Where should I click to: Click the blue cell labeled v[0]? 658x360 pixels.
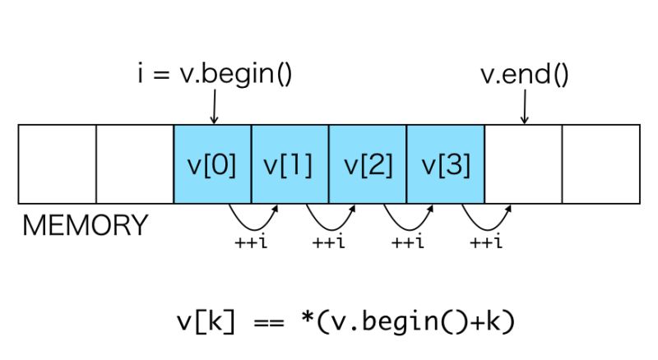(x=212, y=164)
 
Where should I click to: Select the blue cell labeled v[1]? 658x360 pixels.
(x=290, y=164)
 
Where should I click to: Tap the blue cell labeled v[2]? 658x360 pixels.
(x=368, y=164)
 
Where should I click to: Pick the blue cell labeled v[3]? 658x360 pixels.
(x=445, y=164)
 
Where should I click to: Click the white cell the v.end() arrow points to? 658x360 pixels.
(x=523, y=164)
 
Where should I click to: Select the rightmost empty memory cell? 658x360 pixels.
(x=600, y=164)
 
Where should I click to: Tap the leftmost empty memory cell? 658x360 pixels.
(x=57, y=164)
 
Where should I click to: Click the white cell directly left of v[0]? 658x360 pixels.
(x=135, y=164)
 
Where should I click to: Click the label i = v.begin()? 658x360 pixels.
(x=214, y=76)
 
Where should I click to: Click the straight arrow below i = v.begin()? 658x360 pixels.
(x=214, y=107)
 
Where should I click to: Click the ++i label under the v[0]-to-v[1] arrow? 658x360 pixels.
(x=250, y=242)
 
